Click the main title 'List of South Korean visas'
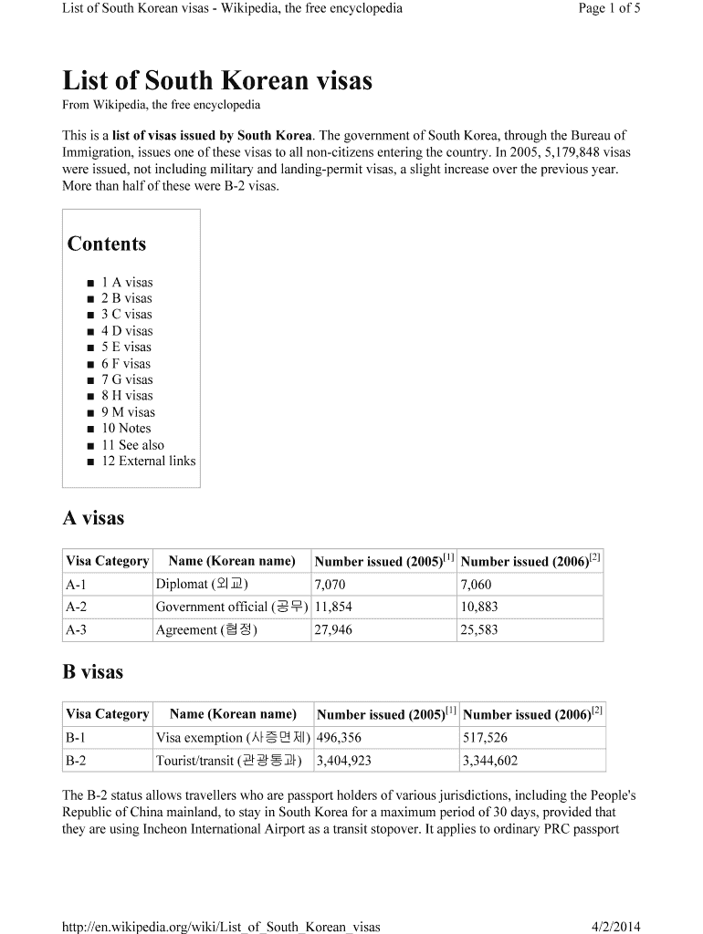coord(216,81)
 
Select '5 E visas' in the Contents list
coord(126,347)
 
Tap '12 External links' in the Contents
coord(148,461)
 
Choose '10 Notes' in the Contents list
coord(126,428)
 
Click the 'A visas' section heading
coord(92,518)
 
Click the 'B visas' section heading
coord(92,672)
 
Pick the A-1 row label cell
coord(76,584)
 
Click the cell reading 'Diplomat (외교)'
coord(202,584)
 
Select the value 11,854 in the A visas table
coord(333,607)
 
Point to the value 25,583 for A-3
coord(479,629)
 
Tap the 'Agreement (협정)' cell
coord(206,629)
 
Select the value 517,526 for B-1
coord(485,738)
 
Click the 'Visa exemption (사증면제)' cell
coord(233,738)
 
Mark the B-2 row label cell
coord(76,761)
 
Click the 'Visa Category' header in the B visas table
coord(107,714)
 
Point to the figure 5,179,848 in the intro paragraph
coord(557,151)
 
